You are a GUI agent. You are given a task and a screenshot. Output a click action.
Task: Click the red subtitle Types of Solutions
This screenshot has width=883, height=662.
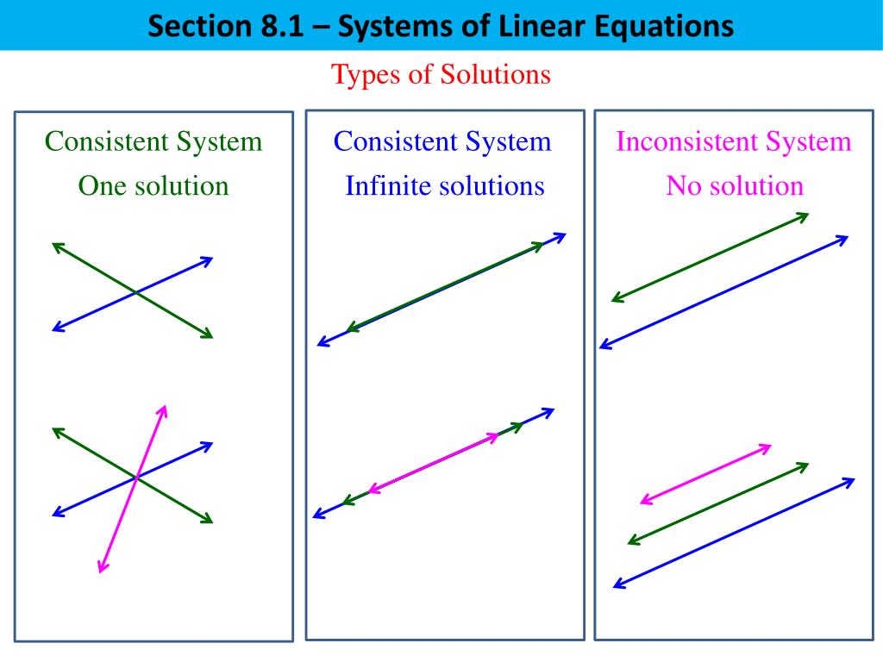coord(441,75)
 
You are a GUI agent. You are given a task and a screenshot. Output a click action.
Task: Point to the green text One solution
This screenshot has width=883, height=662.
coord(153,185)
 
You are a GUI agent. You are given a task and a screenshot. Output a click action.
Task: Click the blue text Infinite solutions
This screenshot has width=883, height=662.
coord(445,185)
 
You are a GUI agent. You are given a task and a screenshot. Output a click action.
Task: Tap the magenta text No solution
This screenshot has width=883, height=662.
coord(735,185)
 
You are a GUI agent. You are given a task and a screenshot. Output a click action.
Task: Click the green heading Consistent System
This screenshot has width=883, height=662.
coord(153,141)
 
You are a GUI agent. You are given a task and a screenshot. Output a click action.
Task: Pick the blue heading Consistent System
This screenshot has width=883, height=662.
coord(442,141)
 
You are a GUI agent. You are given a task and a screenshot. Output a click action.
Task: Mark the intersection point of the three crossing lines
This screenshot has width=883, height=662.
coord(136,476)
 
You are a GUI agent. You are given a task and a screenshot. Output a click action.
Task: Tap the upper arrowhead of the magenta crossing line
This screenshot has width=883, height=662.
coord(163,409)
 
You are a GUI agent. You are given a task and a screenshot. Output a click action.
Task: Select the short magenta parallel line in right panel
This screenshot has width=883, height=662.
coord(705,473)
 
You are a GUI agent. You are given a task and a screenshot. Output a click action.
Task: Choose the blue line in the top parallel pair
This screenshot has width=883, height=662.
coord(723,292)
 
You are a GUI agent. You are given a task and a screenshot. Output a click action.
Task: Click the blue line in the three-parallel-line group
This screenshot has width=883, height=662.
coord(734,533)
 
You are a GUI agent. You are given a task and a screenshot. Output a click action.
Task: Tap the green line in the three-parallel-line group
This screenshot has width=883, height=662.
coord(718,503)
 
